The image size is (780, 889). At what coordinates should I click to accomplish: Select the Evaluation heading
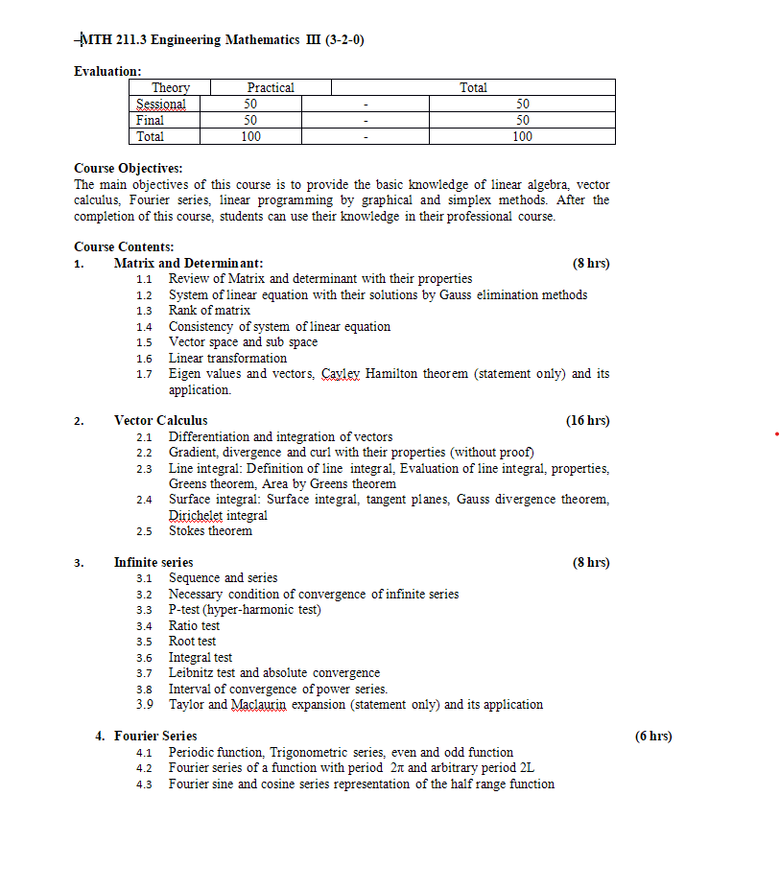[107, 71]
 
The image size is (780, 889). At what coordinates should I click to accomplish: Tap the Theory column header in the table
[171, 87]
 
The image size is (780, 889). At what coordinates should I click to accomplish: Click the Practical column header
[271, 87]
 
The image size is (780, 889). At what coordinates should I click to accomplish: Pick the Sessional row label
[161, 104]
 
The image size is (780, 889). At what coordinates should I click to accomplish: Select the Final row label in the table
[150, 120]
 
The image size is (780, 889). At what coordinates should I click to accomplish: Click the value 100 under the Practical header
[250, 136]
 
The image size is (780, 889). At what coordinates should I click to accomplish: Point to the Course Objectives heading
[128, 168]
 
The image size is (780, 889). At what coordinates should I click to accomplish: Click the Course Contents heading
[124, 246]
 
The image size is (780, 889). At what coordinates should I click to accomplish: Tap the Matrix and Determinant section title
[188, 263]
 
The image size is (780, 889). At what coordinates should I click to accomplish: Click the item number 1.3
[144, 311]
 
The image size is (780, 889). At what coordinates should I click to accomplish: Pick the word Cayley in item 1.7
[345, 374]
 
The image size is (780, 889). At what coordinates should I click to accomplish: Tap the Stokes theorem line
[210, 530]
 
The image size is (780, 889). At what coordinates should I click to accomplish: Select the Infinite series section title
[154, 562]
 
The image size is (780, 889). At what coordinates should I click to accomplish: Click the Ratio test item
[194, 625]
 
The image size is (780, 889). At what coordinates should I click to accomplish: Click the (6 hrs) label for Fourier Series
[653, 736]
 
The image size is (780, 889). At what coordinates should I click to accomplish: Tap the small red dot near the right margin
[776, 434]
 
